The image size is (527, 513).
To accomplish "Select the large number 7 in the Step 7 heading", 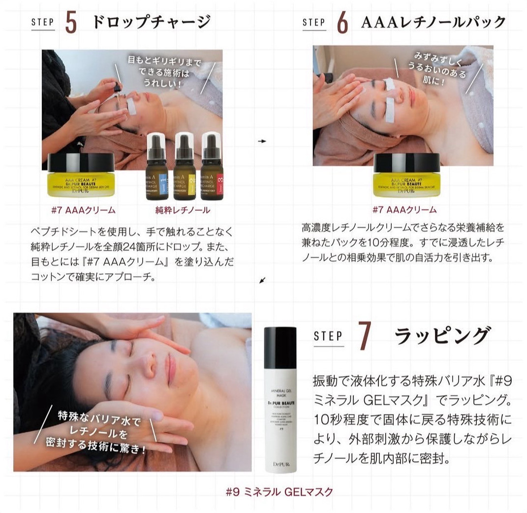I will [x=364, y=336].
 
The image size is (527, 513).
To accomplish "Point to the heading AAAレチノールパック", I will [x=434, y=23].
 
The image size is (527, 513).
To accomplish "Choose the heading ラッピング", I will [x=442, y=336].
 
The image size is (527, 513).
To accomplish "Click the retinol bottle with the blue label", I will [x=157, y=167].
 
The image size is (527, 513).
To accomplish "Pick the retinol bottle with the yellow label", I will [x=185, y=167].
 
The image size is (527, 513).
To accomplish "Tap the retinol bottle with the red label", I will [x=212, y=167].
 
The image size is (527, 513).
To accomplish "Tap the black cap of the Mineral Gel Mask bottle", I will [x=280, y=345].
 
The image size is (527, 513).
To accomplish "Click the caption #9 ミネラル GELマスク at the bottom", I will [x=279, y=491].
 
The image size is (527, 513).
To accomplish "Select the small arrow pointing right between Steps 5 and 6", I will [x=262, y=141].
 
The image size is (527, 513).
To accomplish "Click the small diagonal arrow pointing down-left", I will [x=262, y=281].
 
